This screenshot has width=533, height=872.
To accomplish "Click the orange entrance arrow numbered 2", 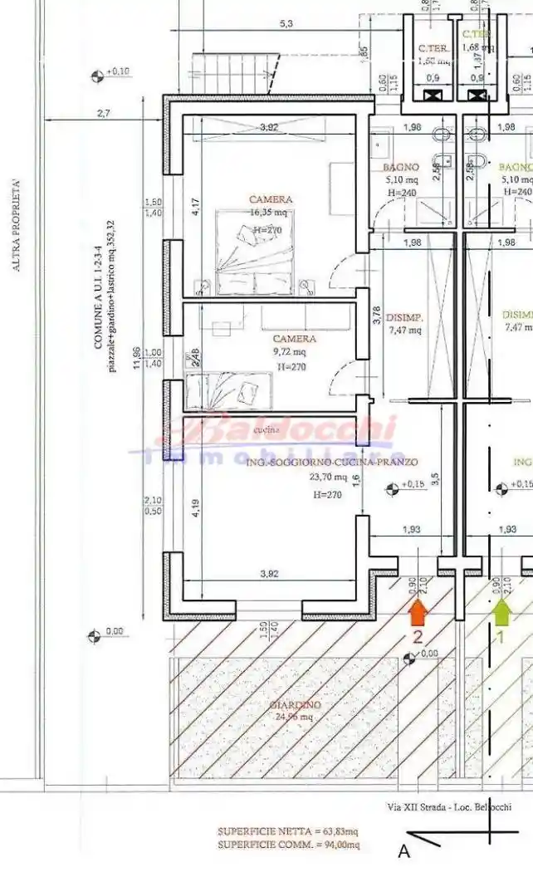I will [418, 612].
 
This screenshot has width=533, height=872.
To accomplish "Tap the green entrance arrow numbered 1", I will [501, 612].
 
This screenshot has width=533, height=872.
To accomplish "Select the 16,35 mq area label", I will [271, 213].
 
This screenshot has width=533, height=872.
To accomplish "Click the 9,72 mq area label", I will [294, 351].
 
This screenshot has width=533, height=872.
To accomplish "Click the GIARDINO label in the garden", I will [295, 705].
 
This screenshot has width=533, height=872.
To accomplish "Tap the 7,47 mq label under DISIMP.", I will [404, 330].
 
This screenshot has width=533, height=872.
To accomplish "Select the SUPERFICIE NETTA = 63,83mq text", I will [289, 831].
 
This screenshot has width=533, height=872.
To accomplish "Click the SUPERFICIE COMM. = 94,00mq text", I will [289, 845].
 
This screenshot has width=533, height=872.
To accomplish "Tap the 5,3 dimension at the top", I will [286, 23].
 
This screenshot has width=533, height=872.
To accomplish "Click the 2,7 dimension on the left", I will [103, 113].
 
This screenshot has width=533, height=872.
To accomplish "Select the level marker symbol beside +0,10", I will [96, 76].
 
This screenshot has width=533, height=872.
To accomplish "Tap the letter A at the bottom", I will [404, 851].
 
